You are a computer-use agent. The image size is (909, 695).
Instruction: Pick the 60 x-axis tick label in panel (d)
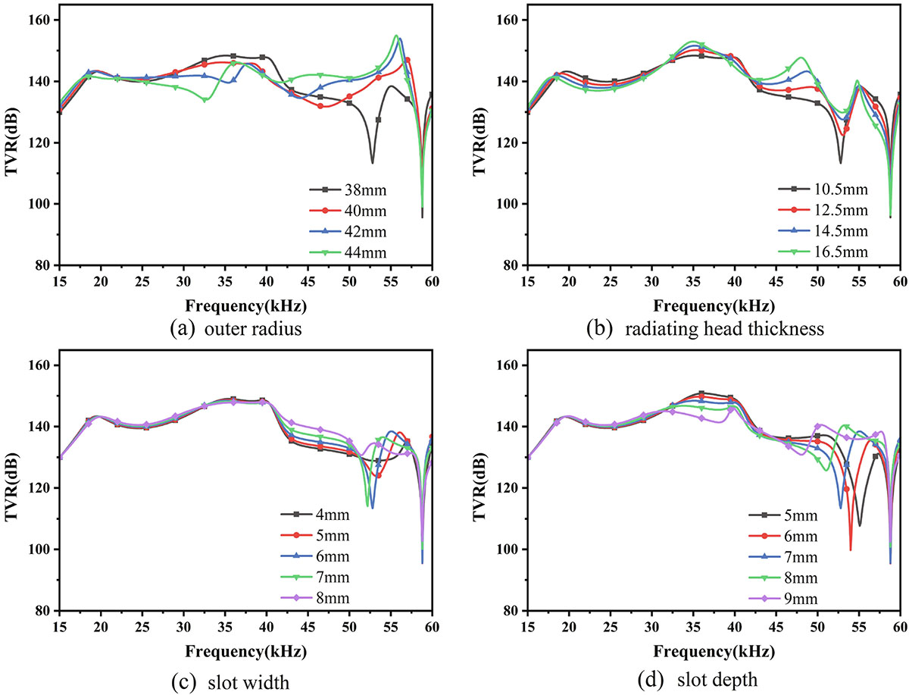point(899,628)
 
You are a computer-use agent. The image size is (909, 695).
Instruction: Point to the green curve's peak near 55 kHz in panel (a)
point(396,35)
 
